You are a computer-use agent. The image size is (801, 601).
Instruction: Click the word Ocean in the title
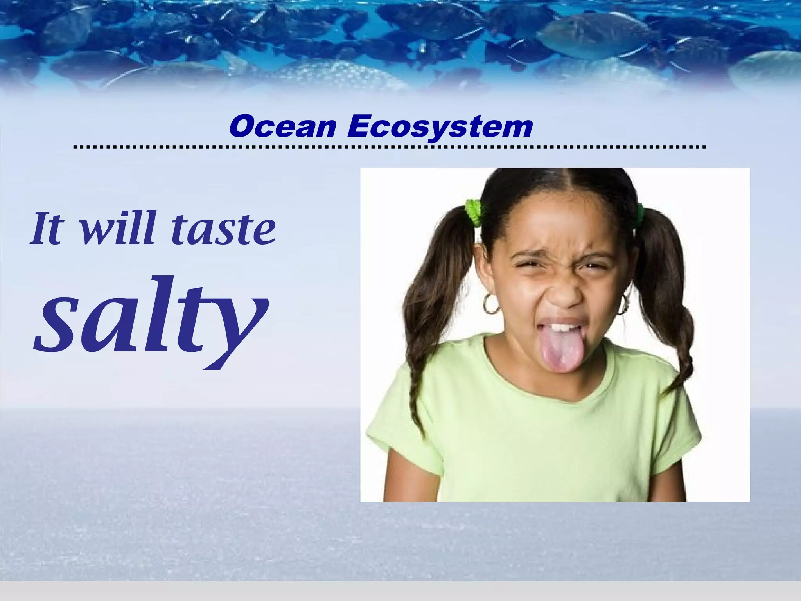coord(282,127)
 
